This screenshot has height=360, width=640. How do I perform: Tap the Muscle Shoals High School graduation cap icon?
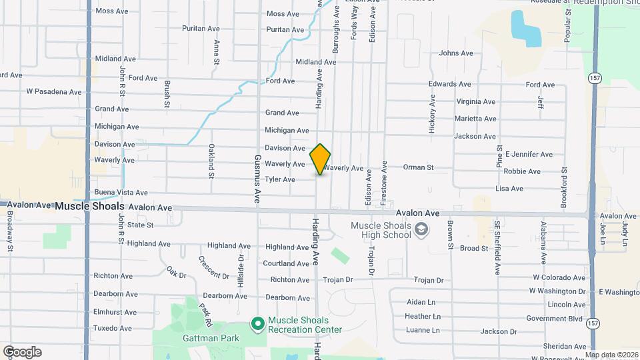(421, 230)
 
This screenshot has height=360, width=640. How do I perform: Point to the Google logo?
(22, 352)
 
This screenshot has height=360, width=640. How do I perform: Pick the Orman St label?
(419, 167)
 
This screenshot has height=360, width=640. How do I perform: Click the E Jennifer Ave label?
(529, 154)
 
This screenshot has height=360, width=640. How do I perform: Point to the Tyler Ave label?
(279, 179)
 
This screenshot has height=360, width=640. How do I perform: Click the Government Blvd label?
(556, 318)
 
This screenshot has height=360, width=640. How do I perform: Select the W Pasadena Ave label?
(53, 91)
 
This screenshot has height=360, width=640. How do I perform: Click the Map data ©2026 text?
(612, 355)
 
